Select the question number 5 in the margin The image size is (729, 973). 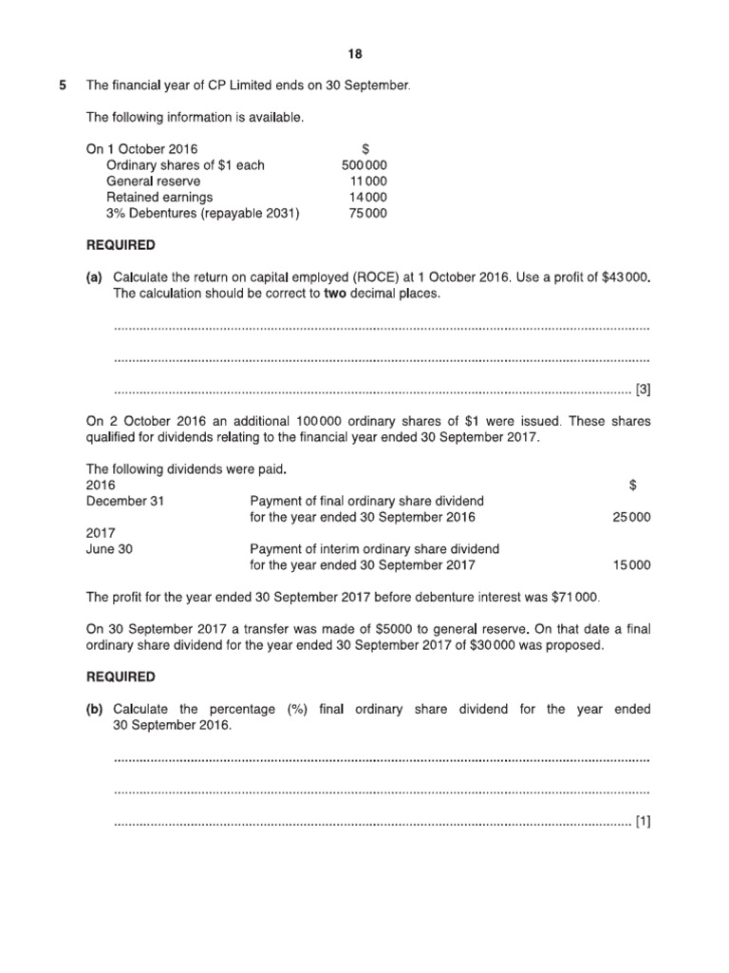[x=63, y=86]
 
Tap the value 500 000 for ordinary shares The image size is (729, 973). [x=364, y=165]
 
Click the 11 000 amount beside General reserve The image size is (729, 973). [x=368, y=181]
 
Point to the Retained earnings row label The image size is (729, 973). [x=153, y=198]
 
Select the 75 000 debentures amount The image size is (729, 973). [x=368, y=214]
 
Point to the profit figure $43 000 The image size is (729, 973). [x=626, y=277]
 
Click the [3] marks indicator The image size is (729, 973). [x=643, y=389]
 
